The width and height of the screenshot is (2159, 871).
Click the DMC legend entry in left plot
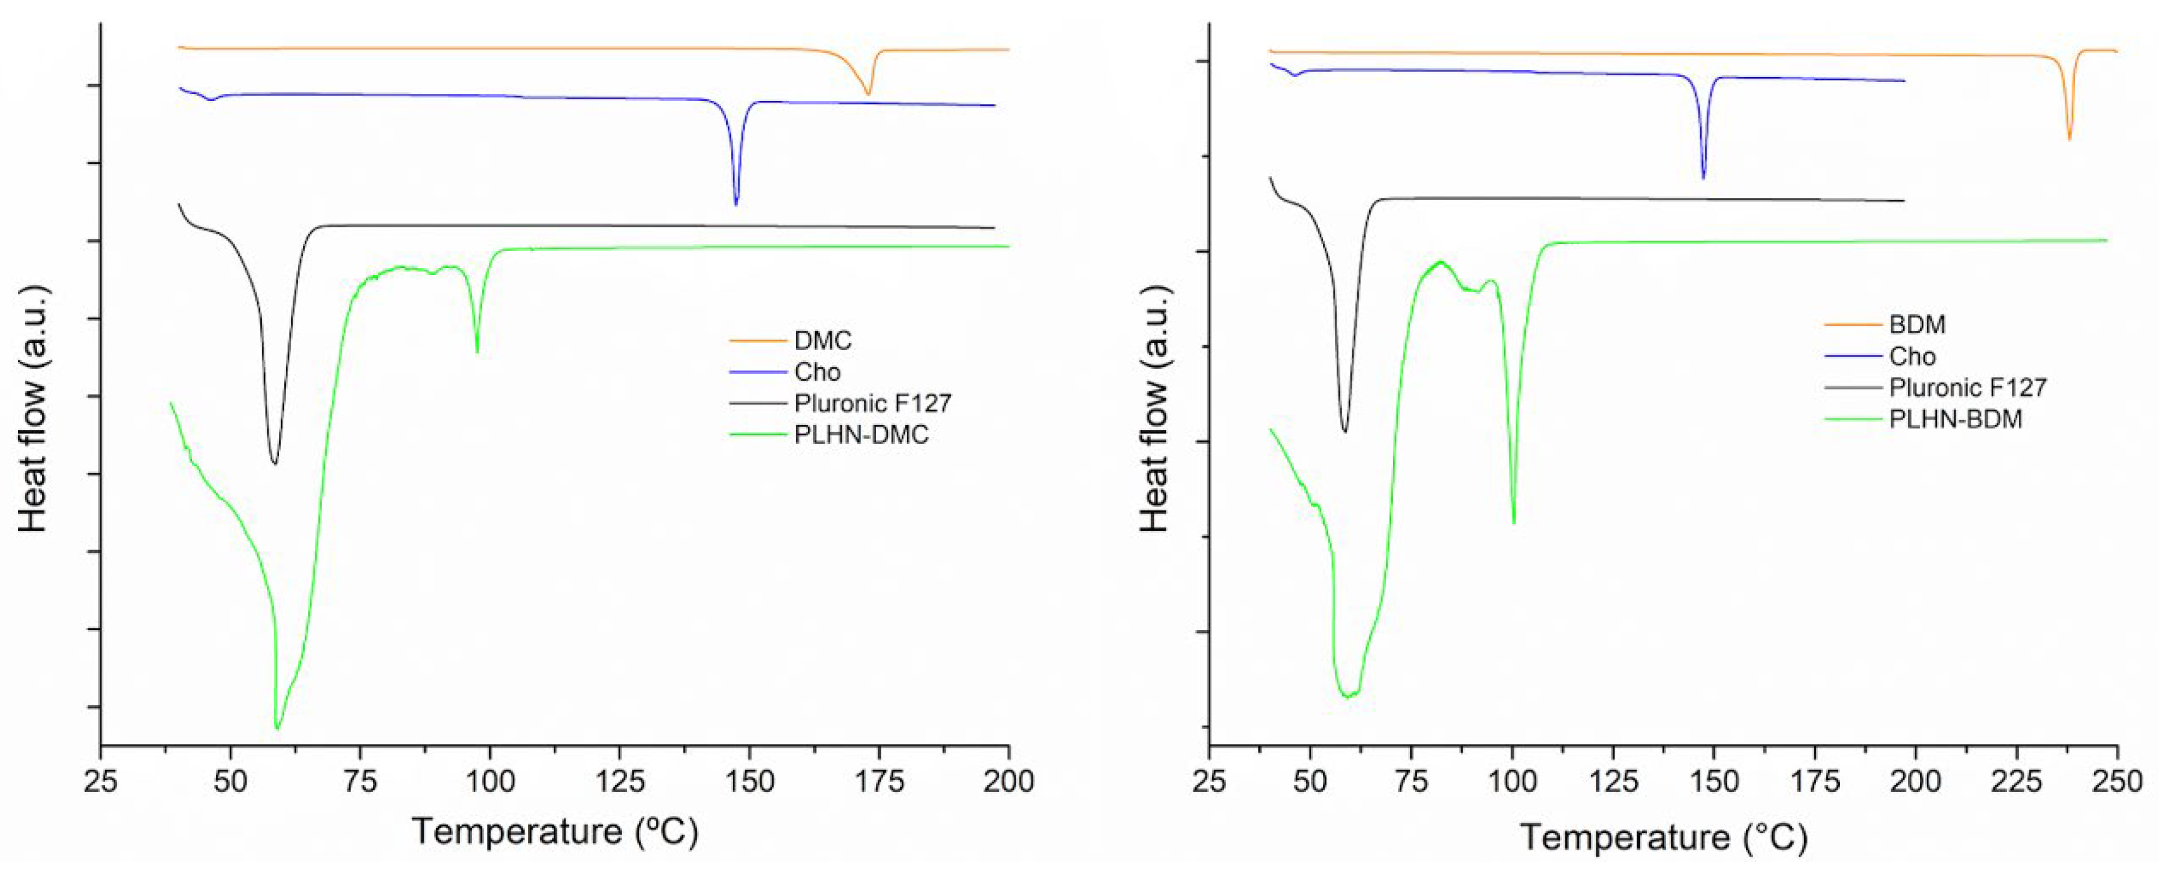click(x=822, y=341)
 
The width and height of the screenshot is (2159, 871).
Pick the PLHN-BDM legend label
click(x=1956, y=419)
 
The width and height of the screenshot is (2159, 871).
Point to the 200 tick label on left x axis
click(x=1009, y=781)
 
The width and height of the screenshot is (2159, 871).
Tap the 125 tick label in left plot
click(x=620, y=781)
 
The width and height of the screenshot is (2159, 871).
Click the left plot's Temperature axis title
click(x=555, y=832)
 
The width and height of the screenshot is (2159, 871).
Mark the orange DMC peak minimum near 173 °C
click(x=869, y=95)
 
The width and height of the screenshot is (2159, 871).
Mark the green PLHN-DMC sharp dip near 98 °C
click(x=477, y=352)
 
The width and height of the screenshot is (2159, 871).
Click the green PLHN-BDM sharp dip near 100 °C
click(x=1514, y=523)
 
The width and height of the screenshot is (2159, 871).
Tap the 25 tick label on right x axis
click(x=1210, y=781)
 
